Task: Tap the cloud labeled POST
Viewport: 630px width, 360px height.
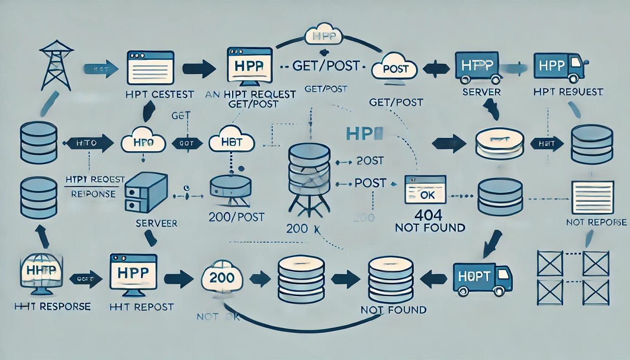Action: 395,69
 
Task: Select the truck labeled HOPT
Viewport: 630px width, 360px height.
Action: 482,277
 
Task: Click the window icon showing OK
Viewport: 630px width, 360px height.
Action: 425,189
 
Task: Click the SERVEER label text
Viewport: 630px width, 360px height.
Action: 156,223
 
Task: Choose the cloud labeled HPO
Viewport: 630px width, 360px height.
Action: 143,141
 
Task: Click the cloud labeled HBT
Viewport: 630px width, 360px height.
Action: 231,141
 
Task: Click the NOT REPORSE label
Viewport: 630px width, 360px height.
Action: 596,222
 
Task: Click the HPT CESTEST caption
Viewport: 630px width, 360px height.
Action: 160,94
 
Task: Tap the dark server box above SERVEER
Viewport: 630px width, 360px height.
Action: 146,193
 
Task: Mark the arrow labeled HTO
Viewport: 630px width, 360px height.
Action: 89,142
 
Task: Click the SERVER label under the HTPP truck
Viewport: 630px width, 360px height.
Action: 481,92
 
